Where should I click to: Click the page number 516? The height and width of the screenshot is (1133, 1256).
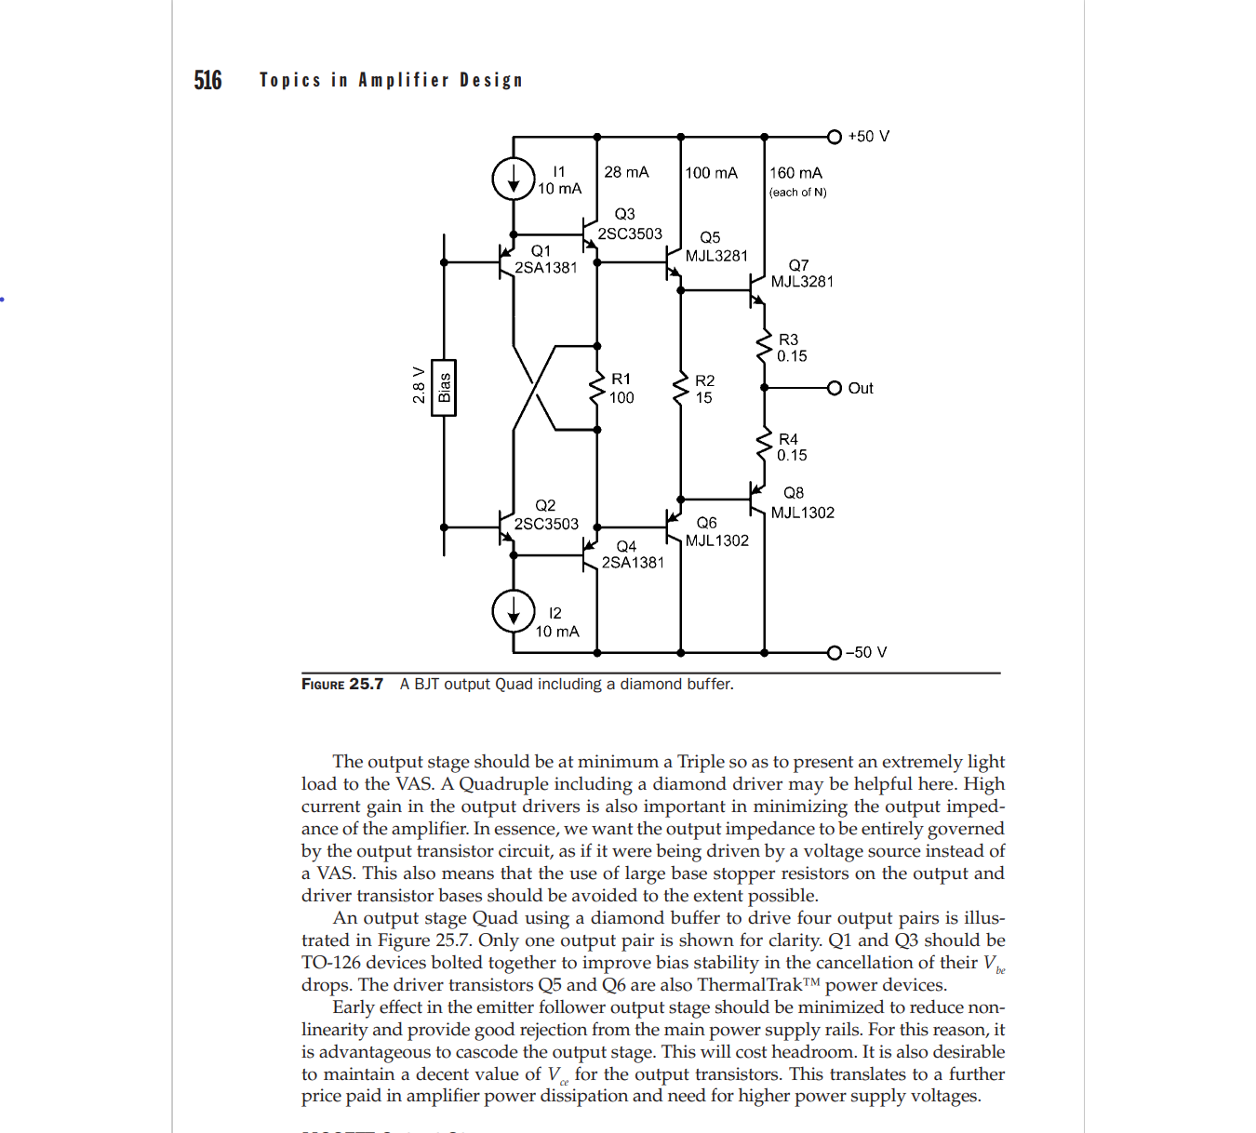[x=207, y=81]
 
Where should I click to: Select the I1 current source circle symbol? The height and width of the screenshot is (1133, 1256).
[x=514, y=178]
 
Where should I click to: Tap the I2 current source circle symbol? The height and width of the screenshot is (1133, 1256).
[x=514, y=610]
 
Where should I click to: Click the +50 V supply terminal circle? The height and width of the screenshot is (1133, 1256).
[x=835, y=137]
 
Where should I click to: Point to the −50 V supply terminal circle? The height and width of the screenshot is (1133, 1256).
[x=835, y=652]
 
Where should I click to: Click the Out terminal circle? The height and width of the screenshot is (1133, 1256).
[x=835, y=388]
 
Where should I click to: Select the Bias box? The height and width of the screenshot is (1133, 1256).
[x=444, y=387]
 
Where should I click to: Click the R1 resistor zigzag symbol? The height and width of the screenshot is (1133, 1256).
[x=597, y=388]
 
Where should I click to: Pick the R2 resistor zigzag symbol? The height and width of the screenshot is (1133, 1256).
[x=681, y=389]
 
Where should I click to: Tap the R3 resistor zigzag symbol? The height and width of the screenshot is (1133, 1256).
[x=764, y=347]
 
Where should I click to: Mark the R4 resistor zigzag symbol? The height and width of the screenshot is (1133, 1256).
[x=764, y=447]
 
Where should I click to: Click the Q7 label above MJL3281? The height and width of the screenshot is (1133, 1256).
[x=798, y=265]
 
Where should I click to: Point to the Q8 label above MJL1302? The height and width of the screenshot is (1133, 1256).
[x=794, y=493]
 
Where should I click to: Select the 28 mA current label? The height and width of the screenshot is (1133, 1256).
[x=626, y=172]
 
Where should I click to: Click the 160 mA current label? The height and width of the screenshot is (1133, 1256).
[x=795, y=173]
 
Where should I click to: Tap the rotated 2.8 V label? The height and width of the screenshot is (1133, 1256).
[x=419, y=385]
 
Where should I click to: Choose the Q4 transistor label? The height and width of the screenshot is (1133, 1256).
[x=626, y=546]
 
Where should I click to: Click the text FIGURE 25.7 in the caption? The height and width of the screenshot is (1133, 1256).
[x=342, y=685]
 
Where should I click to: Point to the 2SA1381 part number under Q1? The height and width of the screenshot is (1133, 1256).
[x=546, y=268]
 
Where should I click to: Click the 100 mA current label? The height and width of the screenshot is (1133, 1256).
[x=711, y=173]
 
